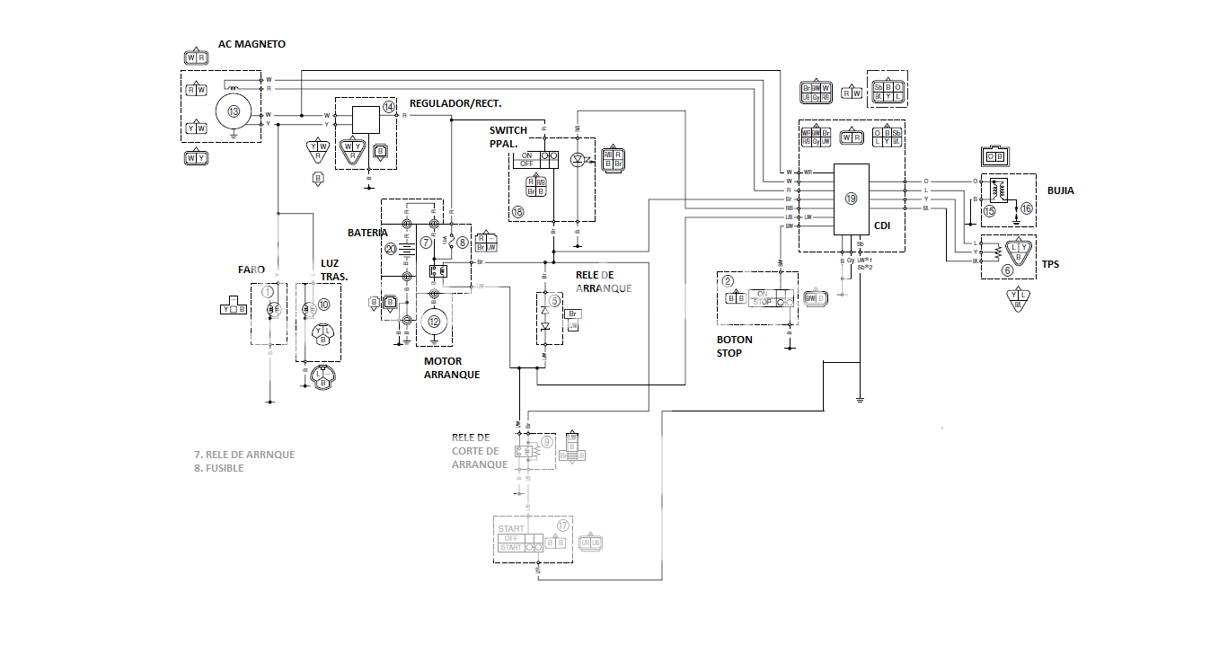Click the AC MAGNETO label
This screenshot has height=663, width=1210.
tap(252, 44)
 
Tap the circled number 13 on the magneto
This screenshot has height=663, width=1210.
tap(234, 111)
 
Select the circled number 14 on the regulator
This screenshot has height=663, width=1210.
tap(388, 107)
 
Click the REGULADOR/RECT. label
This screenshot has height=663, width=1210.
tap(455, 103)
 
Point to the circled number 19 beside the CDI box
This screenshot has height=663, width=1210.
tap(851, 199)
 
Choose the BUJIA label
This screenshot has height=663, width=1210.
tap(1060, 190)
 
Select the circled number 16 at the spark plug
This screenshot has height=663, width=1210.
tap(1027, 208)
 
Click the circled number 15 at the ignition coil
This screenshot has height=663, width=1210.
tap(989, 211)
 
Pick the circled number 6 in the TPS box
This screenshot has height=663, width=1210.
tap(1006, 269)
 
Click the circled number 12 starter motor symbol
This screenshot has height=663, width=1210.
tap(435, 321)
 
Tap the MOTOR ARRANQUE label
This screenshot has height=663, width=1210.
tap(451, 367)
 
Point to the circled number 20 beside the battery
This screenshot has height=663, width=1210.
tap(390, 249)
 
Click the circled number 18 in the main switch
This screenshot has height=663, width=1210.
tap(517, 212)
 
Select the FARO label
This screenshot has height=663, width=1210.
tap(252, 269)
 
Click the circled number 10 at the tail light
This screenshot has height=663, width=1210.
tap(323, 305)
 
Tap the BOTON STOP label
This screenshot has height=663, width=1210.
tap(734, 346)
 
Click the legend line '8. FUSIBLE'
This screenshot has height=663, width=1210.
tap(218, 468)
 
